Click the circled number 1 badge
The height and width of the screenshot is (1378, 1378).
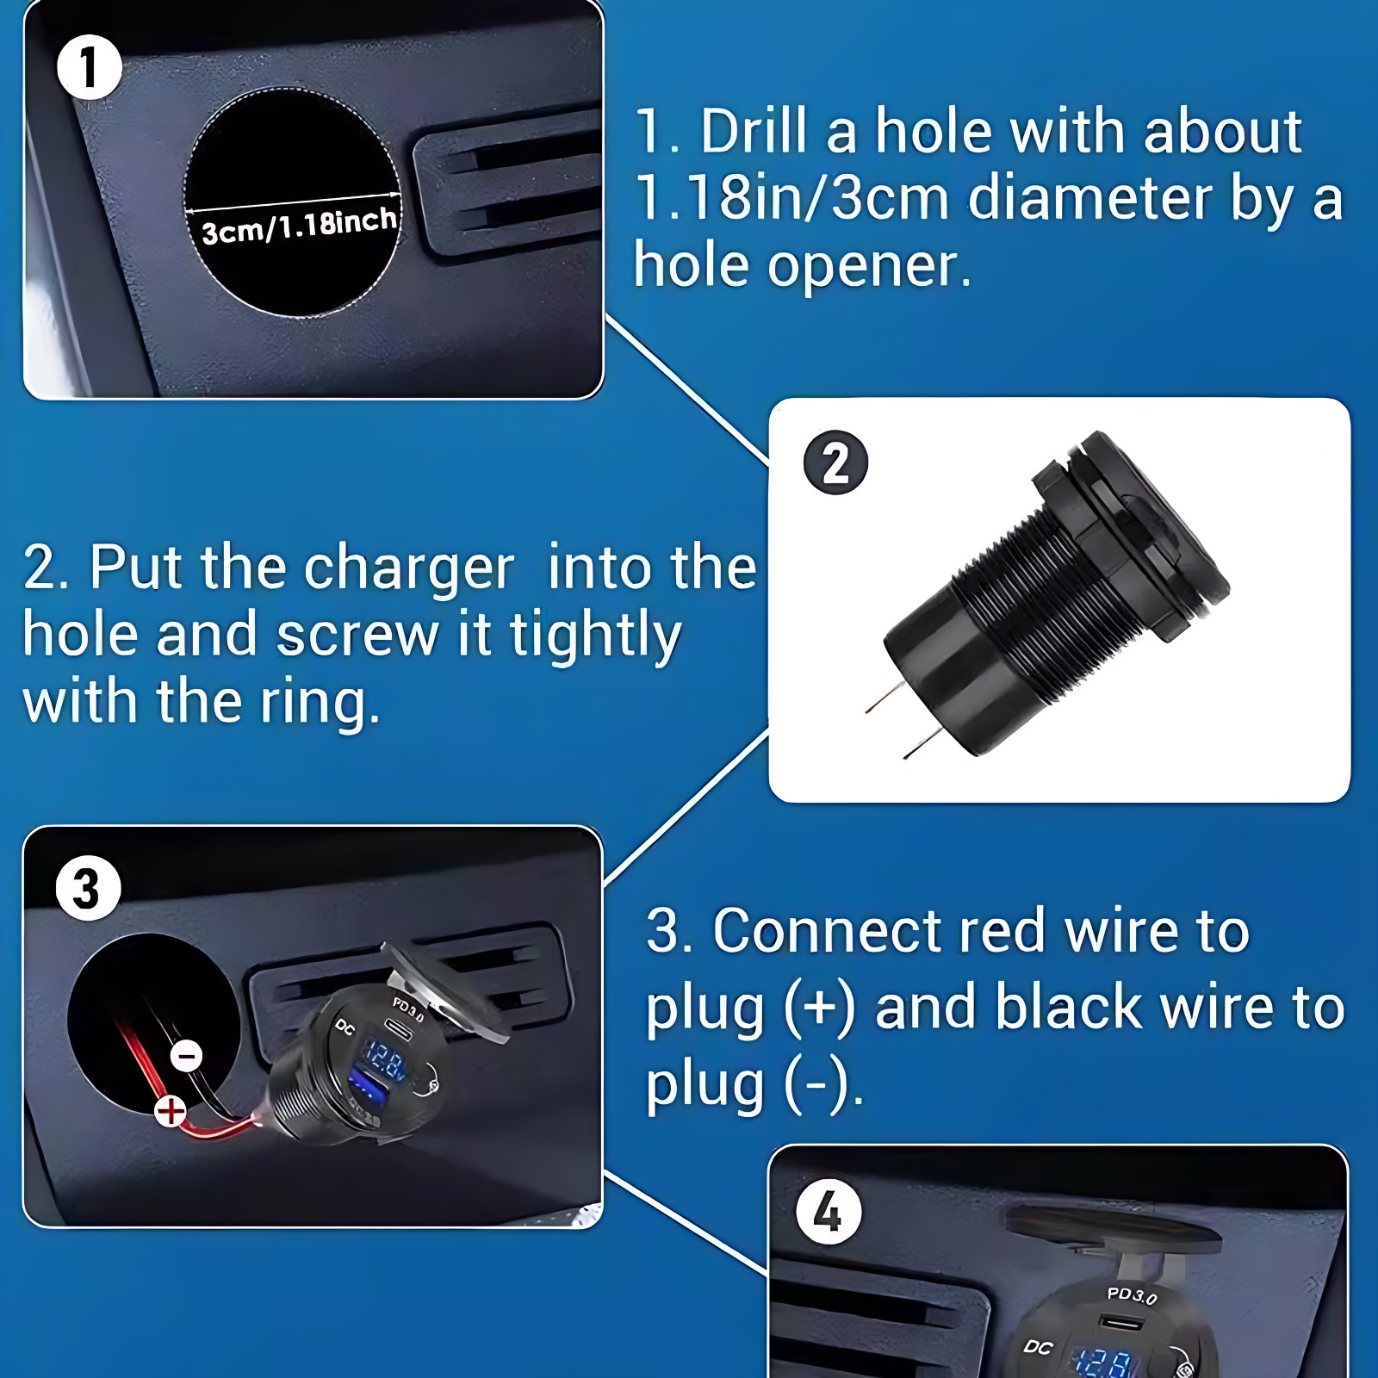(x=89, y=67)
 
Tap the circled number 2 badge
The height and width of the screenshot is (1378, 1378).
(x=835, y=462)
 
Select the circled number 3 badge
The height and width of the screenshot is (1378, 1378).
(x=88, y=888)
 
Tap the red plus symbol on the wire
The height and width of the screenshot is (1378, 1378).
(x=171, y=1111)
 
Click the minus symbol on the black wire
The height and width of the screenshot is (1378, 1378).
(x=187, y=1056)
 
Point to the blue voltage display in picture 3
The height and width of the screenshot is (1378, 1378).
(x=385, y=1060)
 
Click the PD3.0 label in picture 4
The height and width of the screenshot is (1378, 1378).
(x=1132, y=1294)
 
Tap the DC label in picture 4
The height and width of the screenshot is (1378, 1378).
(x=1039, y=1347)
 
